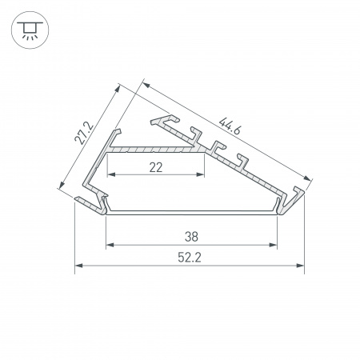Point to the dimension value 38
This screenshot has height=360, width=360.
pos(190,236)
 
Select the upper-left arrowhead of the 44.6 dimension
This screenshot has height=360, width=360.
pos(146,81)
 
